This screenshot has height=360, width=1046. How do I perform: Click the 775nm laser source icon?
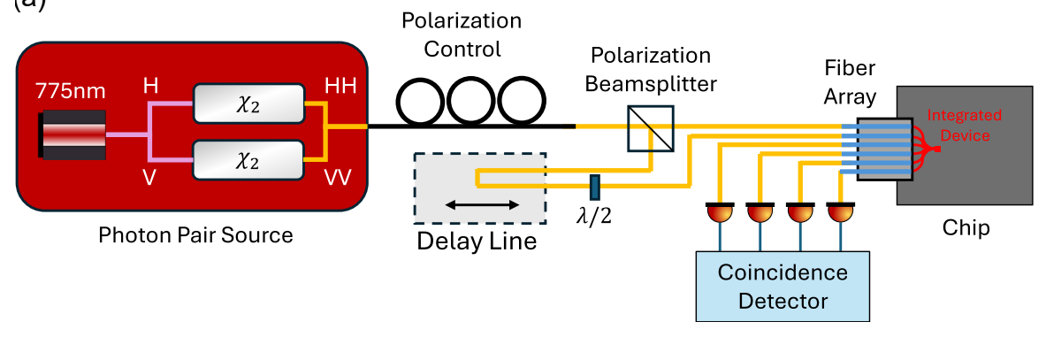point(72,134)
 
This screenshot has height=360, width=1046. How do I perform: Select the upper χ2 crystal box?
point(248,104)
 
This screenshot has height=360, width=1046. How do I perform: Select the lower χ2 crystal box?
point(248,161)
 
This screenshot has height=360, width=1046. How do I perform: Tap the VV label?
point(338,178)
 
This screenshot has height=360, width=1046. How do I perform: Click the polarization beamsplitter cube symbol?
point(651,127)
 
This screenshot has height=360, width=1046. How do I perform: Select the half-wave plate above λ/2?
point(595,188)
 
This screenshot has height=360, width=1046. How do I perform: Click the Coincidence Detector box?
point(782,285)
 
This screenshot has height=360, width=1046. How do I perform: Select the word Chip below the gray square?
point(965,228)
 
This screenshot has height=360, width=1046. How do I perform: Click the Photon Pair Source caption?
point(195,236)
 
